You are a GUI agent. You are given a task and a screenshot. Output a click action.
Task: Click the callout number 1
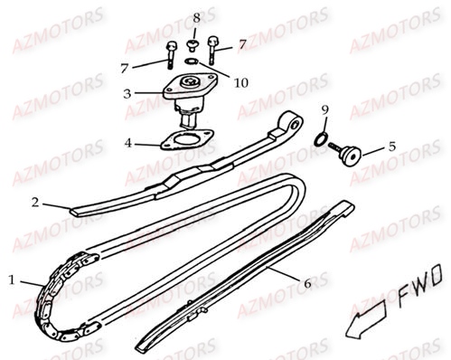12,254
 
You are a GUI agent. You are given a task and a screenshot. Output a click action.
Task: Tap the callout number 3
128,92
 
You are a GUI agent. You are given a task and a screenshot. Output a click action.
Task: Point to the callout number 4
128,143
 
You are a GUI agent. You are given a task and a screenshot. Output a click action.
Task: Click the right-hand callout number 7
241,43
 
